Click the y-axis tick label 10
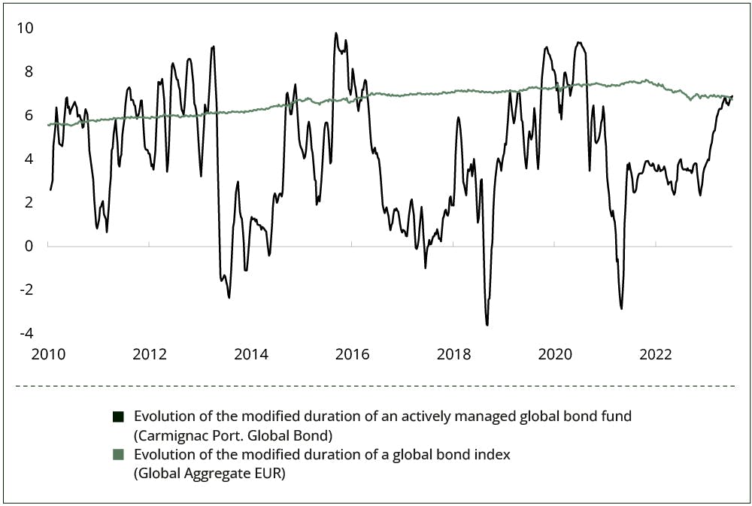pos(26,29)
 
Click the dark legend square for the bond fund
pos(117,417)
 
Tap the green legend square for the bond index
pos(117,455)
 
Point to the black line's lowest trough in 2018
pos(487,325)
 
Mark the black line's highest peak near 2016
pos(336,33)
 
